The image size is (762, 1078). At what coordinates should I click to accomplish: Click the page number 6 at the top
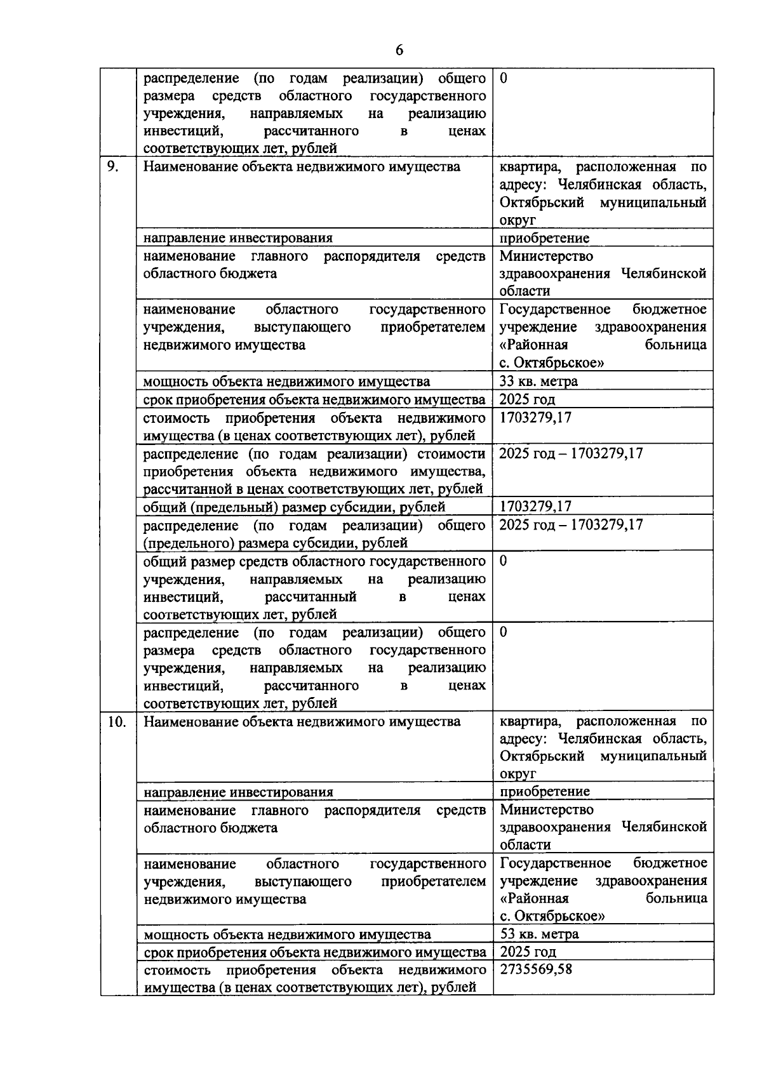[399, 51]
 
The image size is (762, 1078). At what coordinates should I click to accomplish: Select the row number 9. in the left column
[113, 167]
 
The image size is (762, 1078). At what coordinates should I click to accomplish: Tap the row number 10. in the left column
[117, 722]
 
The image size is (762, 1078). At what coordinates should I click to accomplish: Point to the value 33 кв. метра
[538, 381]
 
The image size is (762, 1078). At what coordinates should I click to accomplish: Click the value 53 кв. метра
[539, 934]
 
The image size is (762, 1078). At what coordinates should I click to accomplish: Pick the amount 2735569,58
[536, 969]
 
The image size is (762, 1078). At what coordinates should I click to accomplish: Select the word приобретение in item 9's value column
[544, 238]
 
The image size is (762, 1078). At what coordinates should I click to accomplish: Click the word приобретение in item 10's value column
[545, 791]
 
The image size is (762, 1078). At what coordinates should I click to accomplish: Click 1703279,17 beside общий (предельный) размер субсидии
[535, 507]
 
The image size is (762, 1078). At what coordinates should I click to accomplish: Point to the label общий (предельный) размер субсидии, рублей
[294, 507]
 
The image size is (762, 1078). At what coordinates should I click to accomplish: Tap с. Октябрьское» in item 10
[552, 916]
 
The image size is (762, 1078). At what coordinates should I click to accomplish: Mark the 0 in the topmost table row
[504, 79]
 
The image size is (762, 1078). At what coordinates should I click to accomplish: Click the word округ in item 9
[518, 220]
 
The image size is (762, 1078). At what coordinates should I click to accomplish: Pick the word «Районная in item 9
[533, 345]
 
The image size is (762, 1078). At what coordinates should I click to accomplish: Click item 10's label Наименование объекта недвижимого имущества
[302, 722]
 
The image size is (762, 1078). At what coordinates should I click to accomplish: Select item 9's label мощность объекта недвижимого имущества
[286, 382]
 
